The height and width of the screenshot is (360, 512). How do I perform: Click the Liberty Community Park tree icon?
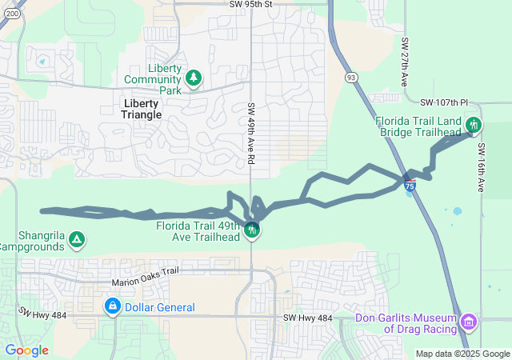click(193, 78)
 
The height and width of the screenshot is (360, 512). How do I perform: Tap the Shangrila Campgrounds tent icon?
click(76, 238)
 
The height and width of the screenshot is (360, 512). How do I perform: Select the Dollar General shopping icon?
click(113, 306)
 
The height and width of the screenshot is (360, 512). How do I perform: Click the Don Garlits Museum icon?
click(469, 322)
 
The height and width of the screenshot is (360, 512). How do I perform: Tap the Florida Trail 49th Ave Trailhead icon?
click(252, 231)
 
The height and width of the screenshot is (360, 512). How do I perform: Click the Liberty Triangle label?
click(142, 109)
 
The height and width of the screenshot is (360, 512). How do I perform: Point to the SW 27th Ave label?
click(406, 62)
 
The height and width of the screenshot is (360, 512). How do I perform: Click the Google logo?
click(26, 350)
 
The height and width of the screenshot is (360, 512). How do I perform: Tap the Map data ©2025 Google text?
click(462, 354)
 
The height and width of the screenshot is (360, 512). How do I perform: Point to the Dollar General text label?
click(160, 307)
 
